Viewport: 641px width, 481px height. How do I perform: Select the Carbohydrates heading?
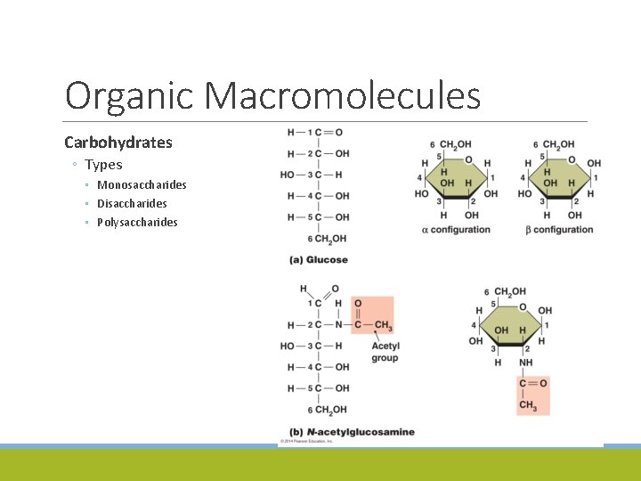point(118,143)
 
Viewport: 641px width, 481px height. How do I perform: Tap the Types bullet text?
point(103,165)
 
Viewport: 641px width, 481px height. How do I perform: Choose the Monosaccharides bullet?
point(142,185)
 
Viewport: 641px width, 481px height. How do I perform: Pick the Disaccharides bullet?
point(132,204)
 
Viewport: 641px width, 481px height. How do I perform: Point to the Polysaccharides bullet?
point(137,223)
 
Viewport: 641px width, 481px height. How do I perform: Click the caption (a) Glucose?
point(318,260)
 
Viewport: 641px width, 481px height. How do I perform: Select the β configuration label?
point(558,230)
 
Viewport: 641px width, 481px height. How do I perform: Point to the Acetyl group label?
point(385,352)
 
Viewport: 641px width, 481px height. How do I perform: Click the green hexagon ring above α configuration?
point(455,179)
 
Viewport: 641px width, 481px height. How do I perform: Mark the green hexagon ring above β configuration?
point(558,179)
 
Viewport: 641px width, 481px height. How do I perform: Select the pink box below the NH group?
point(533,395)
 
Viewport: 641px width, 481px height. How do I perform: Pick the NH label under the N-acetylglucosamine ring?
point(526,363)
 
